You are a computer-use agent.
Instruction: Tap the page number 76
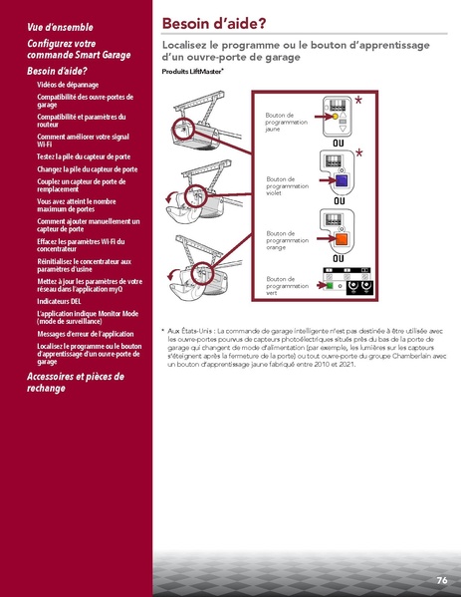click(441, 579)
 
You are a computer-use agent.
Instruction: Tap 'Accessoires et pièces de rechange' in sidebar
click(75, 382)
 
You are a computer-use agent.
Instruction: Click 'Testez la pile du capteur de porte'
click(83, 156)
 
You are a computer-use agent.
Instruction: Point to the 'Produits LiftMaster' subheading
click(192, 74)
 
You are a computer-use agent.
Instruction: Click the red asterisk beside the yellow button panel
click(358, 102)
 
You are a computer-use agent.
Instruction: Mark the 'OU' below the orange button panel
click(339, 259)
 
